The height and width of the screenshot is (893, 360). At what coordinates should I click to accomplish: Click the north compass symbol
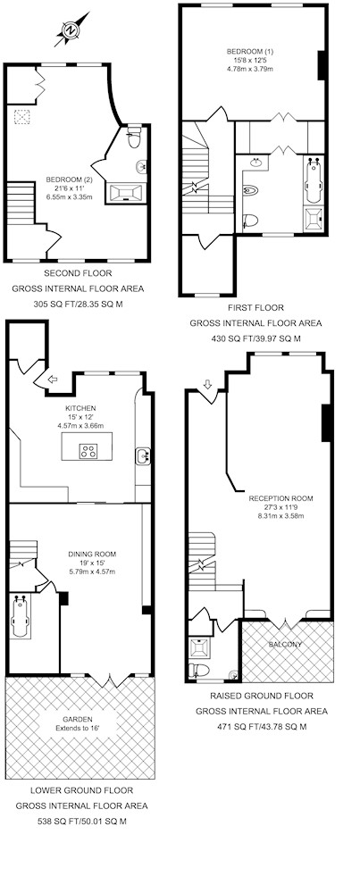(x=71, y=29)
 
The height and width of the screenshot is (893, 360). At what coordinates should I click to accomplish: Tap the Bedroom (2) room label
(x=69, y=180)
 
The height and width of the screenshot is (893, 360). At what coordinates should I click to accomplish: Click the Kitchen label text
(x=80, y=408)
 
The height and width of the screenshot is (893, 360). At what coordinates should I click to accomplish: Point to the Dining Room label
(x=92, y=555)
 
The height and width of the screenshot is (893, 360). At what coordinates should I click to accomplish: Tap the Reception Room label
(x=280, y=498)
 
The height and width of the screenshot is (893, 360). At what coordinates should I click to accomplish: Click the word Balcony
(x=285, y=644)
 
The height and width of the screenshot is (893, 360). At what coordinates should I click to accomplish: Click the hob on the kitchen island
(x=88, y=451)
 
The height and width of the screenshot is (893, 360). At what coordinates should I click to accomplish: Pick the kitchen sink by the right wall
(x=142, y=455)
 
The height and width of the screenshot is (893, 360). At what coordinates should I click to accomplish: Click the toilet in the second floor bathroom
(x=134, y=136)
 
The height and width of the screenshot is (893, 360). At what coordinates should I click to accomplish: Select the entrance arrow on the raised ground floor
(x=207, y=384)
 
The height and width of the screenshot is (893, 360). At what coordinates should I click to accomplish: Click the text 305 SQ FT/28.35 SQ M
(x=78, y=305)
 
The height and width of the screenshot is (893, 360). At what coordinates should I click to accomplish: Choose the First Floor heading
(x=255, y=307)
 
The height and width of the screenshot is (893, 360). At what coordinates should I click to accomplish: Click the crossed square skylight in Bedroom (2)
(x=21, y=117)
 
